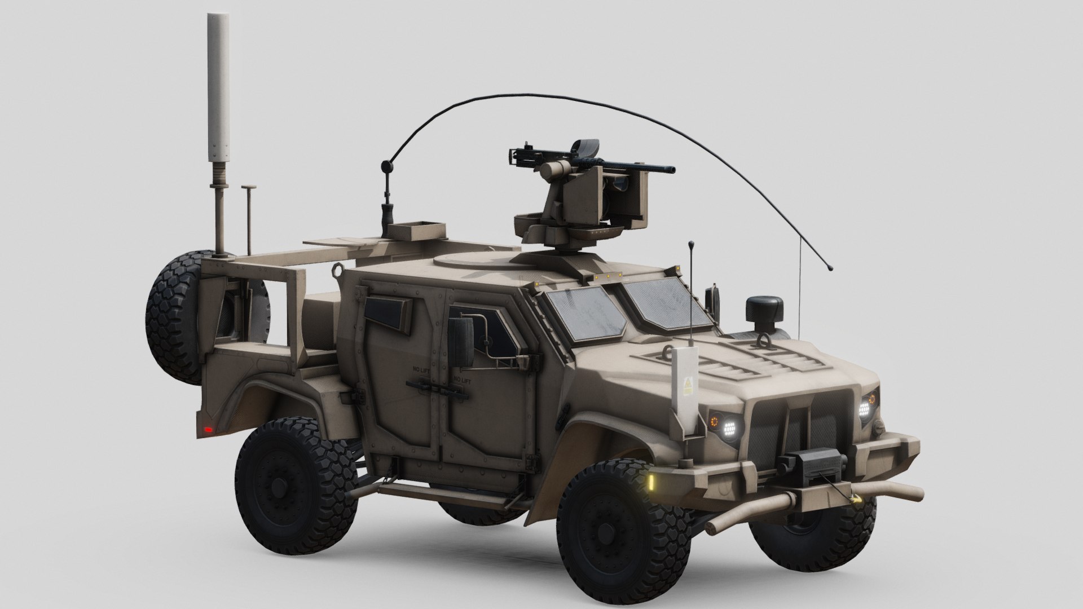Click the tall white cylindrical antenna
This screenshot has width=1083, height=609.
click(x=220, y=85)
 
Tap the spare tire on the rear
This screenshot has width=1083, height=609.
click(x=175, y=319)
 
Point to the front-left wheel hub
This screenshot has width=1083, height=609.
click(x=606, y=532)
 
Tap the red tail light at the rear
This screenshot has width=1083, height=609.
click(x=209, y=430)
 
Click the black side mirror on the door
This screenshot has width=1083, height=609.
click(x=463, y=341)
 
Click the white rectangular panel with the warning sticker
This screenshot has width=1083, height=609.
click(x=687, y=389)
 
